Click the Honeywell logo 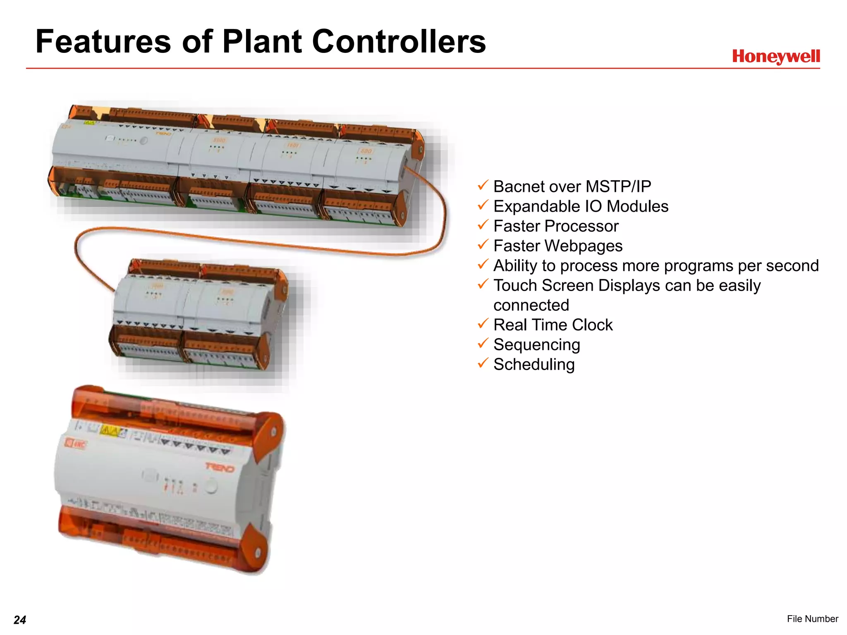pyautogui.click(x=775, y=56)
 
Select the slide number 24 pyautogui.click(x=20, y=620)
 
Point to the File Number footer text pyautogui.click(x=812, y=618)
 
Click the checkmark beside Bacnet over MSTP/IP pyautogui.click(x=483, y=185)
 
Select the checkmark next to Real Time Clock pyautogui.click(x=483, y=323)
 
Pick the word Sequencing pyautogui.click(x=536, y=344)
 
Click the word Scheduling pyautogui.click(x=534, y=364)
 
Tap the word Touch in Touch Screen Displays pyautogui.click(x=515, y=285)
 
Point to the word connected pyautogui.click(x=531, y=305)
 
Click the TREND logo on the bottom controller pyautogui.click(x=220, y=468)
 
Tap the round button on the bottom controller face pyautogui.click(x=211, y=487)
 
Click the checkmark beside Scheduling pyautogui.click(x=483, y=363)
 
